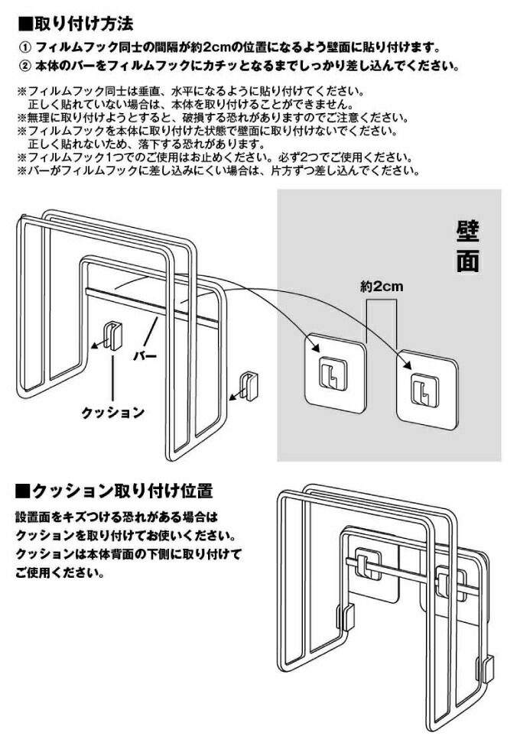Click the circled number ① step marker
point(24,47)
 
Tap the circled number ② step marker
point(24,66)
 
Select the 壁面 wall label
point(467,247)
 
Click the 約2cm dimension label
point(381,287)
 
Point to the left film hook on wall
point(333,371)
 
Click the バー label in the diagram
point(146,357)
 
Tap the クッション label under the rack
point(112,412)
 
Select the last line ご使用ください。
point(58,572)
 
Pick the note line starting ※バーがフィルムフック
point(218,170)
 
